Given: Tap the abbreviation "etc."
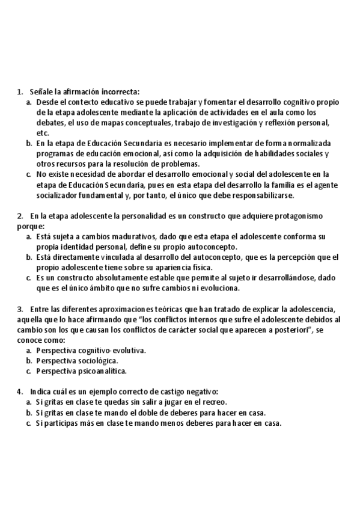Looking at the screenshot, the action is [x=43, y=133].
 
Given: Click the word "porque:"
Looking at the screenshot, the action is [x=31, y=226].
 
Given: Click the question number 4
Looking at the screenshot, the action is [x=20, y=392].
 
